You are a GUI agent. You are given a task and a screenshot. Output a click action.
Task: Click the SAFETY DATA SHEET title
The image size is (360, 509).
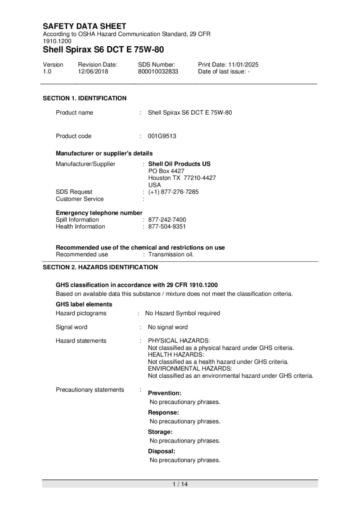coord(85,26)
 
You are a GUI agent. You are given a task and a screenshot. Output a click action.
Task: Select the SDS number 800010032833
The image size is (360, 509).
coord(158,71)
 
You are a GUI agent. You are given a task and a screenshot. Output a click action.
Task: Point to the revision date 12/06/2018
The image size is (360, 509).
coord(91,71)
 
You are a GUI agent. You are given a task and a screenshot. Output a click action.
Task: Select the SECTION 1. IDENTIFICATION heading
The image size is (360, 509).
coord(85,98)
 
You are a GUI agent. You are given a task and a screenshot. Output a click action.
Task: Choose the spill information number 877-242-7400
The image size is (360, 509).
coord(167,220)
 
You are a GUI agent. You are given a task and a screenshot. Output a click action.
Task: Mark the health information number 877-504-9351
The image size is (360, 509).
coord(167,227)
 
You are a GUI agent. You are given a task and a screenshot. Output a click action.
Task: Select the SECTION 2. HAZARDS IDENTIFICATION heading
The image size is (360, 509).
coord(100,267)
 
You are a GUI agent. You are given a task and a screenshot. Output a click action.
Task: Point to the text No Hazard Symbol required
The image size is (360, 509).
coord(182,313)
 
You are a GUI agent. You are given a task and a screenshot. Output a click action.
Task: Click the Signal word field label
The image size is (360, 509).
coord(72,327)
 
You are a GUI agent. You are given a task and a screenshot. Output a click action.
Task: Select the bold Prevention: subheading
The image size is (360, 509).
coord(165,393)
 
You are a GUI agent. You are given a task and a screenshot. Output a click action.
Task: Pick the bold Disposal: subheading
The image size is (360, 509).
coord(162,451)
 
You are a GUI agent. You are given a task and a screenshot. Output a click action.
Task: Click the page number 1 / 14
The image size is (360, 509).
coord(180,484)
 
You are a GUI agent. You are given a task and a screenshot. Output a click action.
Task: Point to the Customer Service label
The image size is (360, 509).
coord(80,199)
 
